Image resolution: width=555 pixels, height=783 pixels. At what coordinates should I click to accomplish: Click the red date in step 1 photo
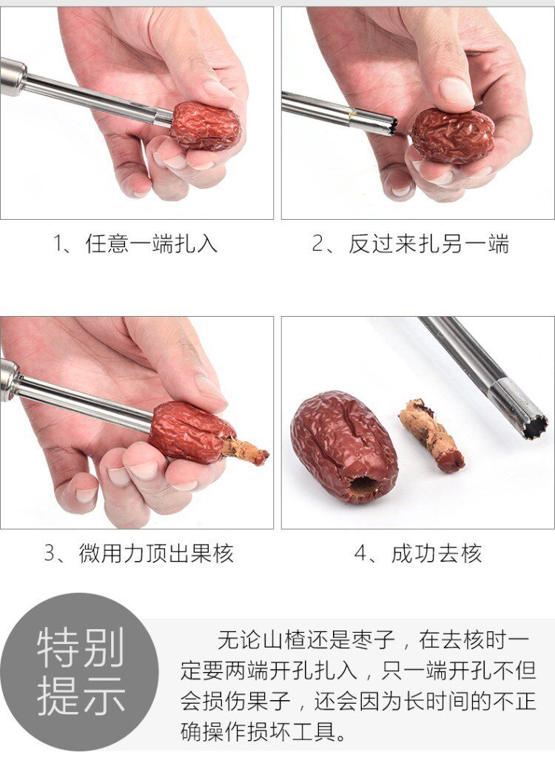tap(205, 127)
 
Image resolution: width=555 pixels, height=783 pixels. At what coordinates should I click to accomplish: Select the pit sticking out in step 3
tap(245, 450)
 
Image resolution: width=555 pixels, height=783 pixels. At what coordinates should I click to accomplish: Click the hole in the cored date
tap(361, 488)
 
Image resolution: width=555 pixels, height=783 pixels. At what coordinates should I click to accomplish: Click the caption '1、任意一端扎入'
tap(135, 244)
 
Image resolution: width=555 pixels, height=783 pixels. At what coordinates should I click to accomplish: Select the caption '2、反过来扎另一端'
tap(411, 244)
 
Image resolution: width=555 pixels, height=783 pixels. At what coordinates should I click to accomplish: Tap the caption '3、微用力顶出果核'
tap(139, 554)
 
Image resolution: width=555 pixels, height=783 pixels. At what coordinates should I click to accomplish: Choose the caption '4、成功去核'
tap(418, 554)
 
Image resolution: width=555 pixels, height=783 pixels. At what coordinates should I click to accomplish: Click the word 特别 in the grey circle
tap(81, 647)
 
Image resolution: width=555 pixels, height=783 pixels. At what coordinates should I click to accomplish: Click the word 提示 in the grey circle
tap(81, 696)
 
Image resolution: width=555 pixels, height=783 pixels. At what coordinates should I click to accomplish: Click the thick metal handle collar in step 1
tap(13, 77)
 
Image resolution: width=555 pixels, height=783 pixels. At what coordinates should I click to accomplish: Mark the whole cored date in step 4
tap(344, 446)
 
